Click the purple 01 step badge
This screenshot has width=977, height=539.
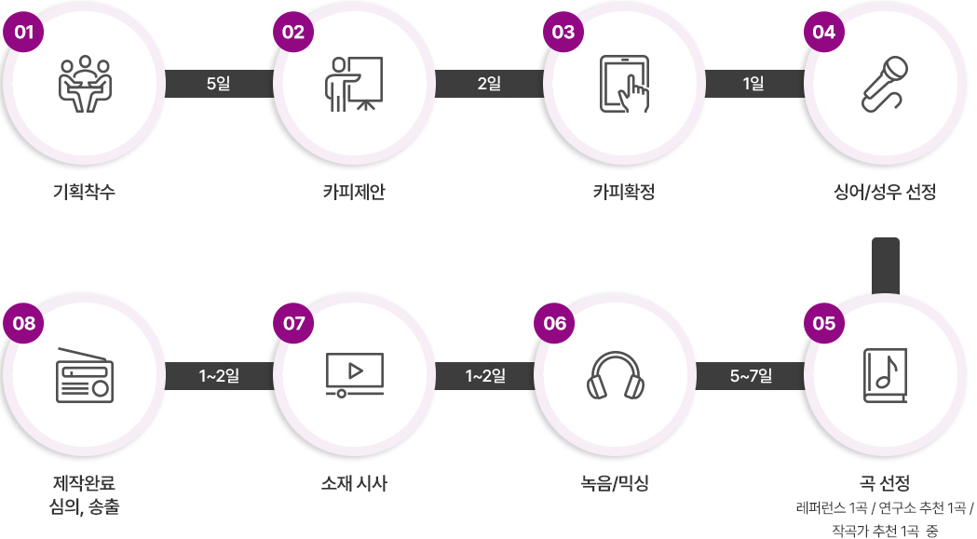coord(24,31)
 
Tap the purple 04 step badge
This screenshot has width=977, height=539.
coord(824,31)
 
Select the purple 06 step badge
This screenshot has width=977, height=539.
coord(554,323)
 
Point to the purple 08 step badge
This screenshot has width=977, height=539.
coord(24,323)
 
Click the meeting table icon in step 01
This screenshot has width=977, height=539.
coord(85,85)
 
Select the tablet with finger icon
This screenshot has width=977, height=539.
coord(625,85)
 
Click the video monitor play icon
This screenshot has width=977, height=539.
coord(354,374)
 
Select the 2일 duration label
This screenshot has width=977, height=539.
coord(489,84)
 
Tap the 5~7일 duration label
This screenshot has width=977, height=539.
coord(751,376)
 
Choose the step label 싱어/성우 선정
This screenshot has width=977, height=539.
coord(885,193)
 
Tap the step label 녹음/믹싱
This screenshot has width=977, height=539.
coord(615,483)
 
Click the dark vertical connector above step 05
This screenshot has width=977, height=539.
coord(885,264)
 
